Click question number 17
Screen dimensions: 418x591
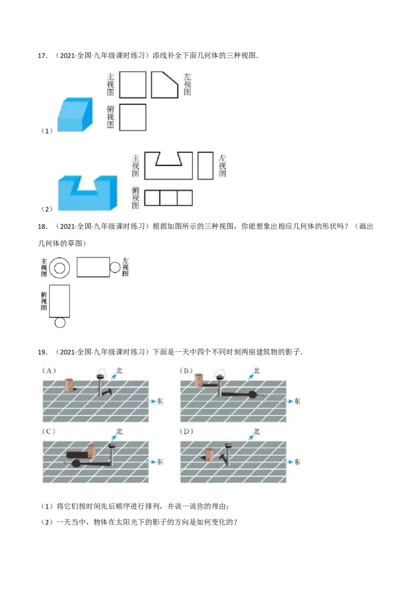(42, 56)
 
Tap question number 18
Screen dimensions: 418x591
(42, 227)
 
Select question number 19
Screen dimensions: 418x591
(42, 352)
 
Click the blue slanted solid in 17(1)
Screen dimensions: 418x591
(75, 114)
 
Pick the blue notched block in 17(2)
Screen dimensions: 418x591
(88, 193)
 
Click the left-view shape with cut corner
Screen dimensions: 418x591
(165, 85)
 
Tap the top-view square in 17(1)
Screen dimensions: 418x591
(132, 117)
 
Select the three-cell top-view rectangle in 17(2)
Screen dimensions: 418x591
(168, 198)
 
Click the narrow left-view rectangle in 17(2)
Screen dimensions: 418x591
(206, 166)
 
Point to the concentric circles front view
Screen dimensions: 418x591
(60, 268)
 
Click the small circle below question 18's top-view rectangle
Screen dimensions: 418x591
(60, 323)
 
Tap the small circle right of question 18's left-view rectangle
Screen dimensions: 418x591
(115, 268)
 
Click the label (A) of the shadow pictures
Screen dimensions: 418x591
(49, 371)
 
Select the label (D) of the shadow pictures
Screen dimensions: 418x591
(187, 431)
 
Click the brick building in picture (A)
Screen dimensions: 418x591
(69, 385)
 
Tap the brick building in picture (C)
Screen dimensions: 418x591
(91, 452)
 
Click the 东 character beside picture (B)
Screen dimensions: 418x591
(297, 401)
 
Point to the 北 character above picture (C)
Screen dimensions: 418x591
(119, 431)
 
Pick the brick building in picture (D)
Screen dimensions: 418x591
(210, 454)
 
